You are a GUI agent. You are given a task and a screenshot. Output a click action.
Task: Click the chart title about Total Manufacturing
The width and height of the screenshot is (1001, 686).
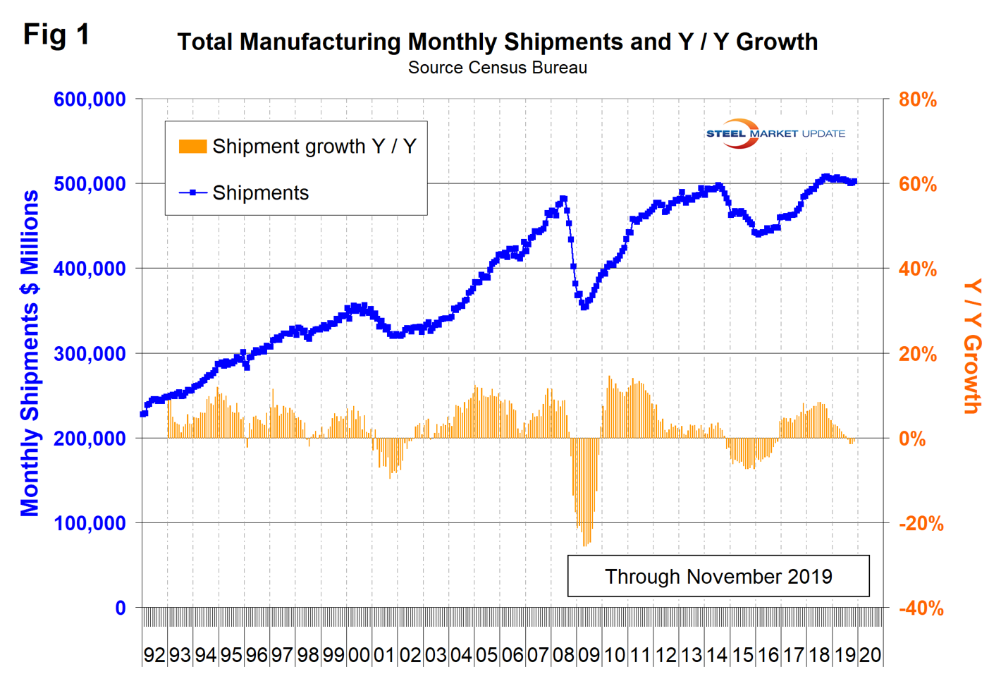(497, 42)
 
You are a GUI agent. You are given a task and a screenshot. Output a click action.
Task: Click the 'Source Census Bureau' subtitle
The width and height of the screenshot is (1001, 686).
(497, 68)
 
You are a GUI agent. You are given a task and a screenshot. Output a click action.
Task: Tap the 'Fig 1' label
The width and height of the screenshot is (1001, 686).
(56, 34)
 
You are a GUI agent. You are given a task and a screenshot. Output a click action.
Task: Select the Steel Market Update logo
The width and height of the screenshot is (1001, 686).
(775, 133)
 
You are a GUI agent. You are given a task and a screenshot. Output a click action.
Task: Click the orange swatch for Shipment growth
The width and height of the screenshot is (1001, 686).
(192, 147)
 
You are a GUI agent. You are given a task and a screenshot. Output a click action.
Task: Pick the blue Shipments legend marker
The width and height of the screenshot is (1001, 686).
(192, 192)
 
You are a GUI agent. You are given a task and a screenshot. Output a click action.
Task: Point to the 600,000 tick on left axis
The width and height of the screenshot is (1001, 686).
(90, 99)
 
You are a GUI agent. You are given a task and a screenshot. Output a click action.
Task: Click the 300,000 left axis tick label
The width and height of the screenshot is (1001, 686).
(90, 354)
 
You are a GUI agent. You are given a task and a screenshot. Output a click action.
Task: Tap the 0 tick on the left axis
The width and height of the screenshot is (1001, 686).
(121, 608)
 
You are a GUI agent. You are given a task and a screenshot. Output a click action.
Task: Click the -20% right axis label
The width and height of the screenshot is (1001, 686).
(921, 524)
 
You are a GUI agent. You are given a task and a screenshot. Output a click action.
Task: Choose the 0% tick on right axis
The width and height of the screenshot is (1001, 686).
(912, 439)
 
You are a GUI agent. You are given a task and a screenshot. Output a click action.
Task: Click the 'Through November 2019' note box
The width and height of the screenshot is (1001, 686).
(718, 576)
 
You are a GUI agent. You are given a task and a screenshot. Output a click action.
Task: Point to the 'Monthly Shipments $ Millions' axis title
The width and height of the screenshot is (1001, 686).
(30, 353)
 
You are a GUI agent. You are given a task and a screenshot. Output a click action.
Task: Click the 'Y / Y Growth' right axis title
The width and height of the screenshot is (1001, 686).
(973, 345)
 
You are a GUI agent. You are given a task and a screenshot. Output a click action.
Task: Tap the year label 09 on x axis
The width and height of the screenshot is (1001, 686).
(589, 655)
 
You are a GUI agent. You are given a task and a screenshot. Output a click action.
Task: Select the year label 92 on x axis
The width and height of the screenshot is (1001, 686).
(154, 655)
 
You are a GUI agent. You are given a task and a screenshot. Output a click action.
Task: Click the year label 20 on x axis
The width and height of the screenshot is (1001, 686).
(870, 655)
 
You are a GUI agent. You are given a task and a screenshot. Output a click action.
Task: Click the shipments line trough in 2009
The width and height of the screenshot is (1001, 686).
(584, 307)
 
